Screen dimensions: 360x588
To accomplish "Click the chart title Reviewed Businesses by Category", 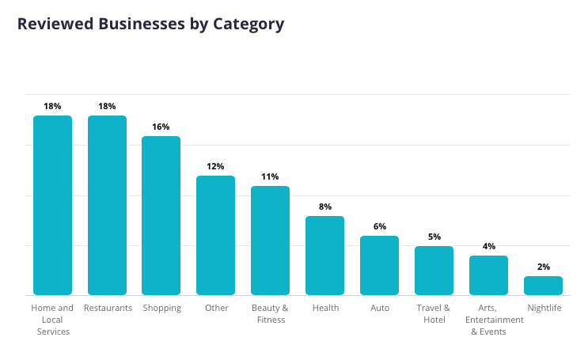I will [x=150, y=24].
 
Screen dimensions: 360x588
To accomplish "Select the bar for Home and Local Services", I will [x=52, y=206].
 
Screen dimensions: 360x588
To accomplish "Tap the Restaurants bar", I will [x=107, y=206].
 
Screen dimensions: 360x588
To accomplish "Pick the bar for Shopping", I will [x=161, y=216].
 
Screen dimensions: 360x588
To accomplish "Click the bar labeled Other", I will [x=216, y=236].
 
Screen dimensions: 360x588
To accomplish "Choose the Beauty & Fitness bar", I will [x=270, y=241].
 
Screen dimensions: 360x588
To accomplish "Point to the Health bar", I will [x=324, y=256].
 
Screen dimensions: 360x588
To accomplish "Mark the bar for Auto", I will [x=379, y=266].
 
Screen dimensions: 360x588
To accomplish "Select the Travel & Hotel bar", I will [x=434, y=271].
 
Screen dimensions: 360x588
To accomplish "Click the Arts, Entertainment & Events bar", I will [x=488, y=275].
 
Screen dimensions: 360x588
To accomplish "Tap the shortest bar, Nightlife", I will [x=543, y=286].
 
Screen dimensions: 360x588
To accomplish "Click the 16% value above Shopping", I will [x=161, y=127].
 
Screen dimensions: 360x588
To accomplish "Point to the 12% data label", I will [x=216, y=166].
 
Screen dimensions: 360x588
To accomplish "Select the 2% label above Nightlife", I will [x=543, y=267].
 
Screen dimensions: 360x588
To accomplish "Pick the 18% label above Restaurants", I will [x=107, y=106].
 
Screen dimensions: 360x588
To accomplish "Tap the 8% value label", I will [x=324, y=207].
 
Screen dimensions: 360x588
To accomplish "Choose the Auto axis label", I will [x=379, y=308].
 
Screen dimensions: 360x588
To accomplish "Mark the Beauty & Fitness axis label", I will [x=270, y=313].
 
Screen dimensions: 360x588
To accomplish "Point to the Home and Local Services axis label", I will [x=52, y=320].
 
